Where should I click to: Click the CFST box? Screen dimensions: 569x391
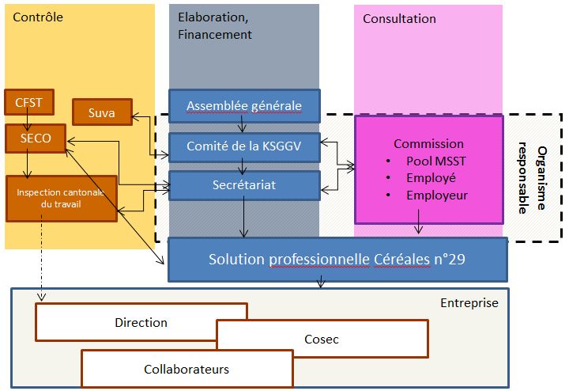(29, 102)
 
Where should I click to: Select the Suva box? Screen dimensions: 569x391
(102, 112)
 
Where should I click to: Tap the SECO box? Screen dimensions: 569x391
(36, 138)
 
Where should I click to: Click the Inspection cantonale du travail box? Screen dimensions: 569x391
(62, 199)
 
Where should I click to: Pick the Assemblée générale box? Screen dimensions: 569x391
(244, 106)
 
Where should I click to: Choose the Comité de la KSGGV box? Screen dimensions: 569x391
(244, 146)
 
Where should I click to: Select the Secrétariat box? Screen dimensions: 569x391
(244, 185)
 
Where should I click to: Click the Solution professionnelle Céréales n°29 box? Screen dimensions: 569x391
(337, 260)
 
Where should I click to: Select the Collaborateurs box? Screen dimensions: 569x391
(187, 369)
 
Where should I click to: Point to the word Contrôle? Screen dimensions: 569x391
(38, 17)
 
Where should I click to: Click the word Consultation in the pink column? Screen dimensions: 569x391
(399, 18)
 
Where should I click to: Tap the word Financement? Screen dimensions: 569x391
(215, 35)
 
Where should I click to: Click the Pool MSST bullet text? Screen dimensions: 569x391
(435, 161)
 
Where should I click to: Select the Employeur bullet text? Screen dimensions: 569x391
(437, 195)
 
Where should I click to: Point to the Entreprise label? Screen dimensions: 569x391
(469, 303)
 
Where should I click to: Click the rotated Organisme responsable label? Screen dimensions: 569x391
(533, 178)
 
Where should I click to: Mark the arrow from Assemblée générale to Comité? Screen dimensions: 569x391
(242, 123)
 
